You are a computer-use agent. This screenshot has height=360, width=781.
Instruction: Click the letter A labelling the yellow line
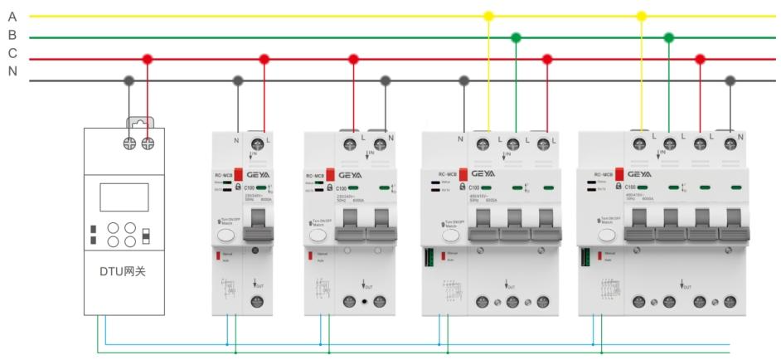click(x=12, y=15)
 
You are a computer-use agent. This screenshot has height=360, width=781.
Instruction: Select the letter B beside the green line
click(x=12, y=36)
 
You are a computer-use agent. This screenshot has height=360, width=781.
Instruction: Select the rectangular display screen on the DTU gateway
click(x=123, y=197)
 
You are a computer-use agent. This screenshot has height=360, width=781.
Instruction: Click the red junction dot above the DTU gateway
click(x=148, y=59)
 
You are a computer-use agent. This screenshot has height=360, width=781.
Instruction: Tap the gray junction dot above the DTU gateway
click(x=129, y=80)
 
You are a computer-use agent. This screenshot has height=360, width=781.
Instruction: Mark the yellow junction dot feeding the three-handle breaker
click(x=488, y=16)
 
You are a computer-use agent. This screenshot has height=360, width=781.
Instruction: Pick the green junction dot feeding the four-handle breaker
click(x=668, y=37)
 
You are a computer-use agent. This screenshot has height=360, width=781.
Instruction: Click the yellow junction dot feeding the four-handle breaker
click(x=641, y=16)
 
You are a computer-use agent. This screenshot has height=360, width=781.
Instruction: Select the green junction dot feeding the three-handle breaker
click(x=516, y=37)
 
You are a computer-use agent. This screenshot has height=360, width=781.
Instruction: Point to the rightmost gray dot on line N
click(x=730, y=80)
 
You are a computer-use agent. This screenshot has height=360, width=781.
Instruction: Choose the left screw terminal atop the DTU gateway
click(x=129, y=143)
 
